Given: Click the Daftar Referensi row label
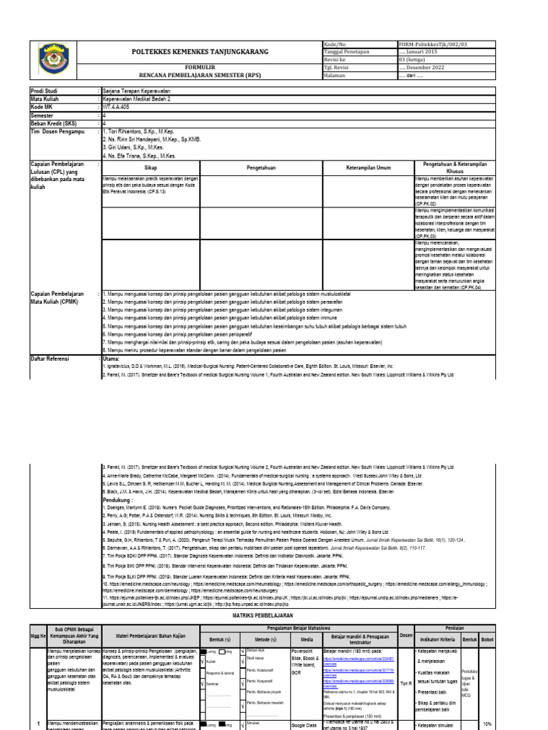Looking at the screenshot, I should pos(50,359).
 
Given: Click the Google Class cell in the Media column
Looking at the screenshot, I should pos(305,724).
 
